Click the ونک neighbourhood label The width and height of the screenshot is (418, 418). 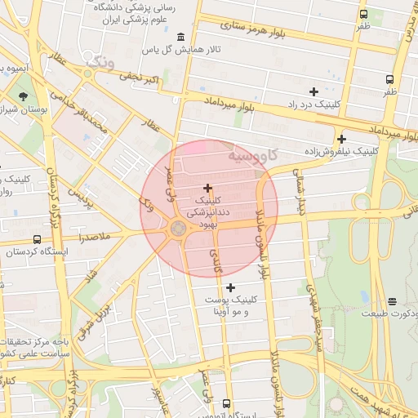[x=101, y=62]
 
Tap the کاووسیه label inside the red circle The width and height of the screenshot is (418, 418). [x=254, y=153]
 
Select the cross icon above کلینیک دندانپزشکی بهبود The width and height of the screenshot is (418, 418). [x=207, y=188]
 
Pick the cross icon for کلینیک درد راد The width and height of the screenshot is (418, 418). [x=313, y=91]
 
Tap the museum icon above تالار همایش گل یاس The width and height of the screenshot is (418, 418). [x=180, y=37]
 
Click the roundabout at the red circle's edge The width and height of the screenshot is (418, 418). [x=177, y=229]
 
